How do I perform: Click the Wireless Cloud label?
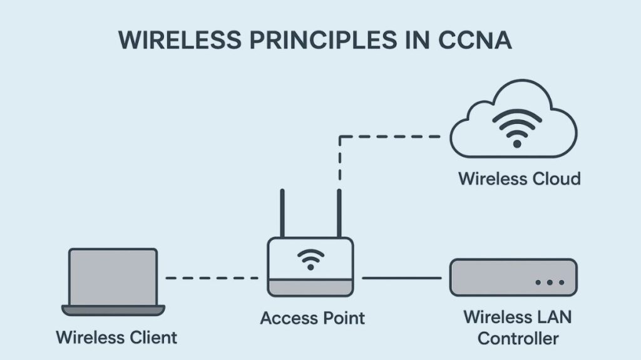[519, 178]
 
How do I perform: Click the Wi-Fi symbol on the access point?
[310, 257]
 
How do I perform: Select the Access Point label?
[312, 317]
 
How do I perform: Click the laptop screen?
[113, 275]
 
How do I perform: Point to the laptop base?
[113, 310]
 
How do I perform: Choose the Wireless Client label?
[116, 338]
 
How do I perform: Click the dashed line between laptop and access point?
[212, 277]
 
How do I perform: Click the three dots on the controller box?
[549, 283]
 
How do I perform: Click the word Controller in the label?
[518, 339]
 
